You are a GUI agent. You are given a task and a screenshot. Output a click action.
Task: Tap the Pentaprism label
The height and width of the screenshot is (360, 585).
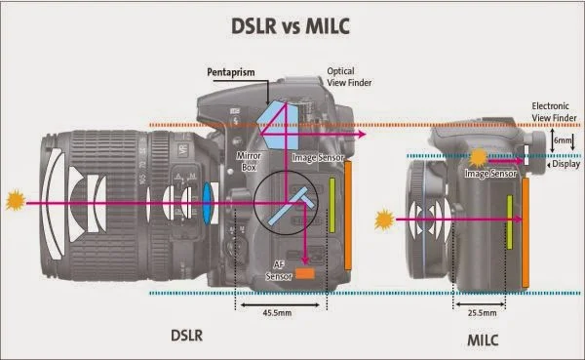pos(230,72)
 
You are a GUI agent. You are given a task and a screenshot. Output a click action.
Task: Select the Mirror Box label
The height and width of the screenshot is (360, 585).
pos(251,159)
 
